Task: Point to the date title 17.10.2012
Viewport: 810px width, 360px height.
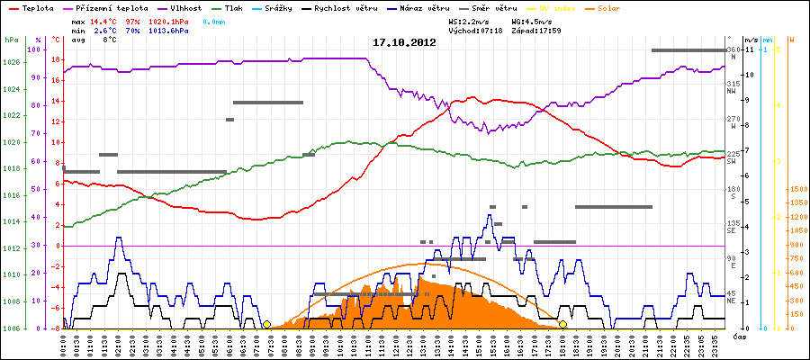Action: [404, 42]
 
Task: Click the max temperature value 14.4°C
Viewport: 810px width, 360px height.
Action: [104, 20]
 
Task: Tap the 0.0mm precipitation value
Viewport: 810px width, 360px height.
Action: [213, 20]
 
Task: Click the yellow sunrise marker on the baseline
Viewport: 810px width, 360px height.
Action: [266, 324]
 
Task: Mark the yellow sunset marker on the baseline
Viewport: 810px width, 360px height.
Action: [562, 324]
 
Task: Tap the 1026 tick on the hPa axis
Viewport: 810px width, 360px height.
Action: [11, 62]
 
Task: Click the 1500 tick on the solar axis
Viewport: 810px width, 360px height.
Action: [797, 190]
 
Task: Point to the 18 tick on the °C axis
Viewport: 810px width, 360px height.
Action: [56, 59]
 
